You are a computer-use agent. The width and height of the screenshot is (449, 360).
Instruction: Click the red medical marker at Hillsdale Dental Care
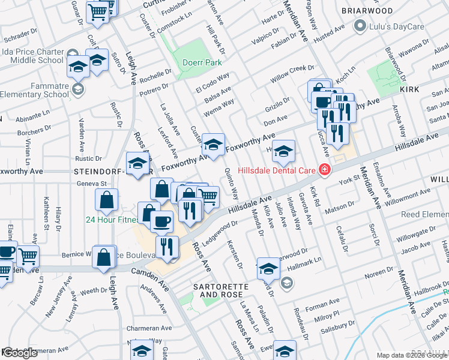click(x=325, y=170)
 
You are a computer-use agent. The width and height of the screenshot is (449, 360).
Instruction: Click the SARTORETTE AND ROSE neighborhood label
click(x=218, y=290)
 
